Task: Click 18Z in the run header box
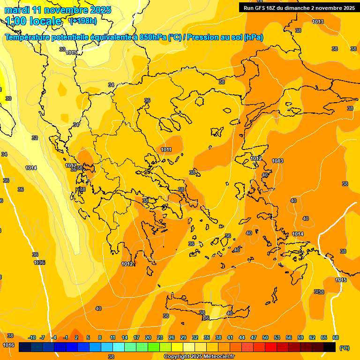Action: click(274, 7)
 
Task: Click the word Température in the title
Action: click(28, 37)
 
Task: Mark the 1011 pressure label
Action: click(166, 150)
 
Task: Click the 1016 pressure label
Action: click(8, 345)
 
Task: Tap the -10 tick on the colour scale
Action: click(32, 337)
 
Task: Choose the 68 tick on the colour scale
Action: click(336, 337)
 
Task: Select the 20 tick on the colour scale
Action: click(148, 337)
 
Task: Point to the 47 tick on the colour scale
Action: click(254, 337)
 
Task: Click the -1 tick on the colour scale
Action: click(66, 337)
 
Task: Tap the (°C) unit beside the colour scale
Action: click(345, 348)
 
